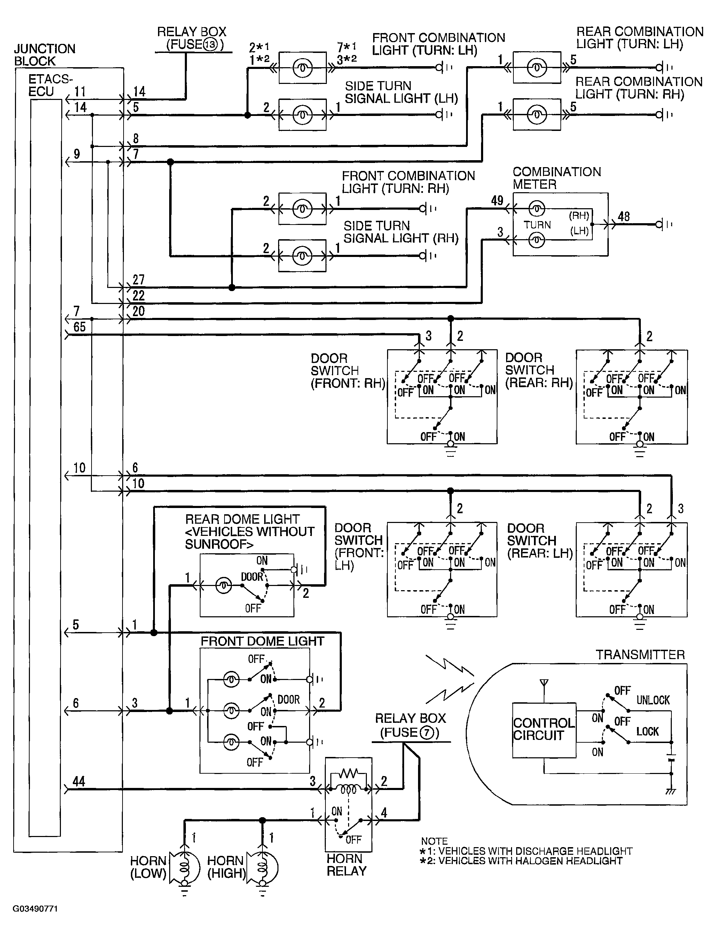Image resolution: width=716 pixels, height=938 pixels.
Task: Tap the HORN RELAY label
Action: [x=346, y=865]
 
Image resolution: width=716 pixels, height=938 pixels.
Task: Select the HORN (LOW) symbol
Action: [x=184, y=868]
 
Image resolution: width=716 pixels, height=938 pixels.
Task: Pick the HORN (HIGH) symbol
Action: [x=262, y=868]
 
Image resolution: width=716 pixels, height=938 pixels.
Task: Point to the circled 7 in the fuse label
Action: [x=427, y=733]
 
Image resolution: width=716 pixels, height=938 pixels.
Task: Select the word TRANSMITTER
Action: [x=640, y=655]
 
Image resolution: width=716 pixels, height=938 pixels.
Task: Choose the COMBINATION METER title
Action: [x=557, y=178]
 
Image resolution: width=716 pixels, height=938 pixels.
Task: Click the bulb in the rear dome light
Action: [x=224, y=586]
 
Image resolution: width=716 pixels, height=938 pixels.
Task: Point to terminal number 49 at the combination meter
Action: [x=497, y=201]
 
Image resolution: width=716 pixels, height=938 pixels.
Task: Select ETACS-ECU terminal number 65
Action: [x=79, y=327]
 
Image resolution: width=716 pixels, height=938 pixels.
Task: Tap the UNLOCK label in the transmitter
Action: [x=653, y=700]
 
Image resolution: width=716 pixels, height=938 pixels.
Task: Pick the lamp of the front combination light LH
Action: [x=302, y=68]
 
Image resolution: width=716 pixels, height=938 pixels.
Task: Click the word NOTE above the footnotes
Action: [x=434, y=841]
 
